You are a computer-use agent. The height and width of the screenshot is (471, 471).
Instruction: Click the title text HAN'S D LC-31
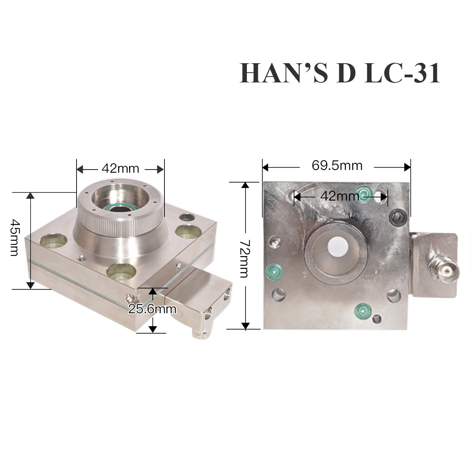pyautogui.click(x=340, y=73)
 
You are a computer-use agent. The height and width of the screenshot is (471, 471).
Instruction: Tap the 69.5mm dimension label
pyautogui.click(x=337, y=166)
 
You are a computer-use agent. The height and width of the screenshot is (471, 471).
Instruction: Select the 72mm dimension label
pyautogui.click(x=245, y=259)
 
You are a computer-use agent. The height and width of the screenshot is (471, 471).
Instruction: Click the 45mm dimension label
pyautogui.click(x=15, y=237)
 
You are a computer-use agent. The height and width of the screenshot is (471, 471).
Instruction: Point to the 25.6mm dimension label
pyautogui.click(x=152, y=309)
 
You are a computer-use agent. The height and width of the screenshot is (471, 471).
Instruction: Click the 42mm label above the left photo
pyautogui.click(x=120, y=168)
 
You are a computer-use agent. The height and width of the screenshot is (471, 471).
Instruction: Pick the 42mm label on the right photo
pyautogui.click(x=340, y=196)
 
